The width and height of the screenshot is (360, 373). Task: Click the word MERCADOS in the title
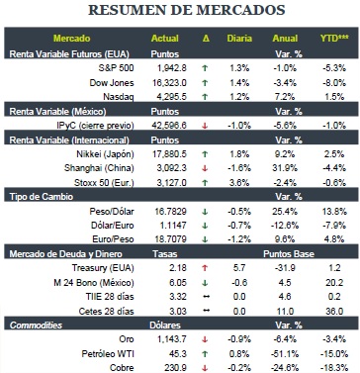coord(240,10)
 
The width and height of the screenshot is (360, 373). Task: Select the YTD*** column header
coord(334,39)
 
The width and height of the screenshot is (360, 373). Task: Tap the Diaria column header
coord(239,39)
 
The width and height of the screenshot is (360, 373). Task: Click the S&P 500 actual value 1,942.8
coord(172,68)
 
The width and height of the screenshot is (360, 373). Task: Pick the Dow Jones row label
coord(112,82)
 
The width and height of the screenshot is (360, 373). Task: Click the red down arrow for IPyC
coord(205,126)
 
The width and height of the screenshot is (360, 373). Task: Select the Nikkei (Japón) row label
coord(105,154)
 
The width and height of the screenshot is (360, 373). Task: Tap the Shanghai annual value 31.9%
coord(285,168)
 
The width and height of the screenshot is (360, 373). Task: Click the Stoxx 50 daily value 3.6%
coord(239,182)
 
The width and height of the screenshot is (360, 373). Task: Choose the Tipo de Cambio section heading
coord(42,197)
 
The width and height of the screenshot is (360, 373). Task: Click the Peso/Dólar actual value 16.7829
coord(170,211)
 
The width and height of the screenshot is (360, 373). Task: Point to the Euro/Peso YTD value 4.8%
coord(334,238)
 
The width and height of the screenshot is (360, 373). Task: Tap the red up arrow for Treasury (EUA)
coord(205,268)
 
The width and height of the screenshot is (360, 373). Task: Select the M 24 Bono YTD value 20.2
coord(334,283)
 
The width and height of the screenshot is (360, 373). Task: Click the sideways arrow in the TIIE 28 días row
coord(206,297)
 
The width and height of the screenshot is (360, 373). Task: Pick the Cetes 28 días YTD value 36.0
coord(334,311)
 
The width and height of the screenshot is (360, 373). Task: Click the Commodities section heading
coord(36,326)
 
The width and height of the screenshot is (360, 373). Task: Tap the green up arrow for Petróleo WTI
coord(205,354)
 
